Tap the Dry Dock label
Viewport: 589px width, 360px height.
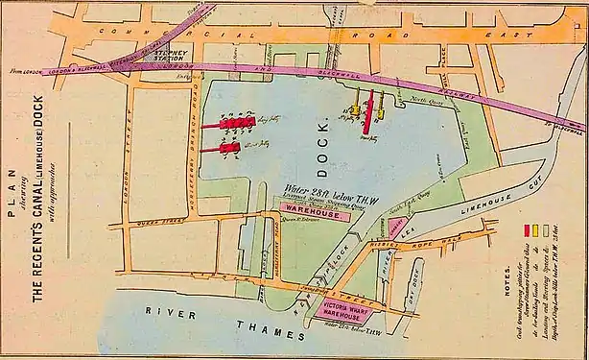point(413,282)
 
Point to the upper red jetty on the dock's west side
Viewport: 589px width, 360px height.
point(234,123)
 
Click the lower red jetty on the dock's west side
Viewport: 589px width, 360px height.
point(231,149)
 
